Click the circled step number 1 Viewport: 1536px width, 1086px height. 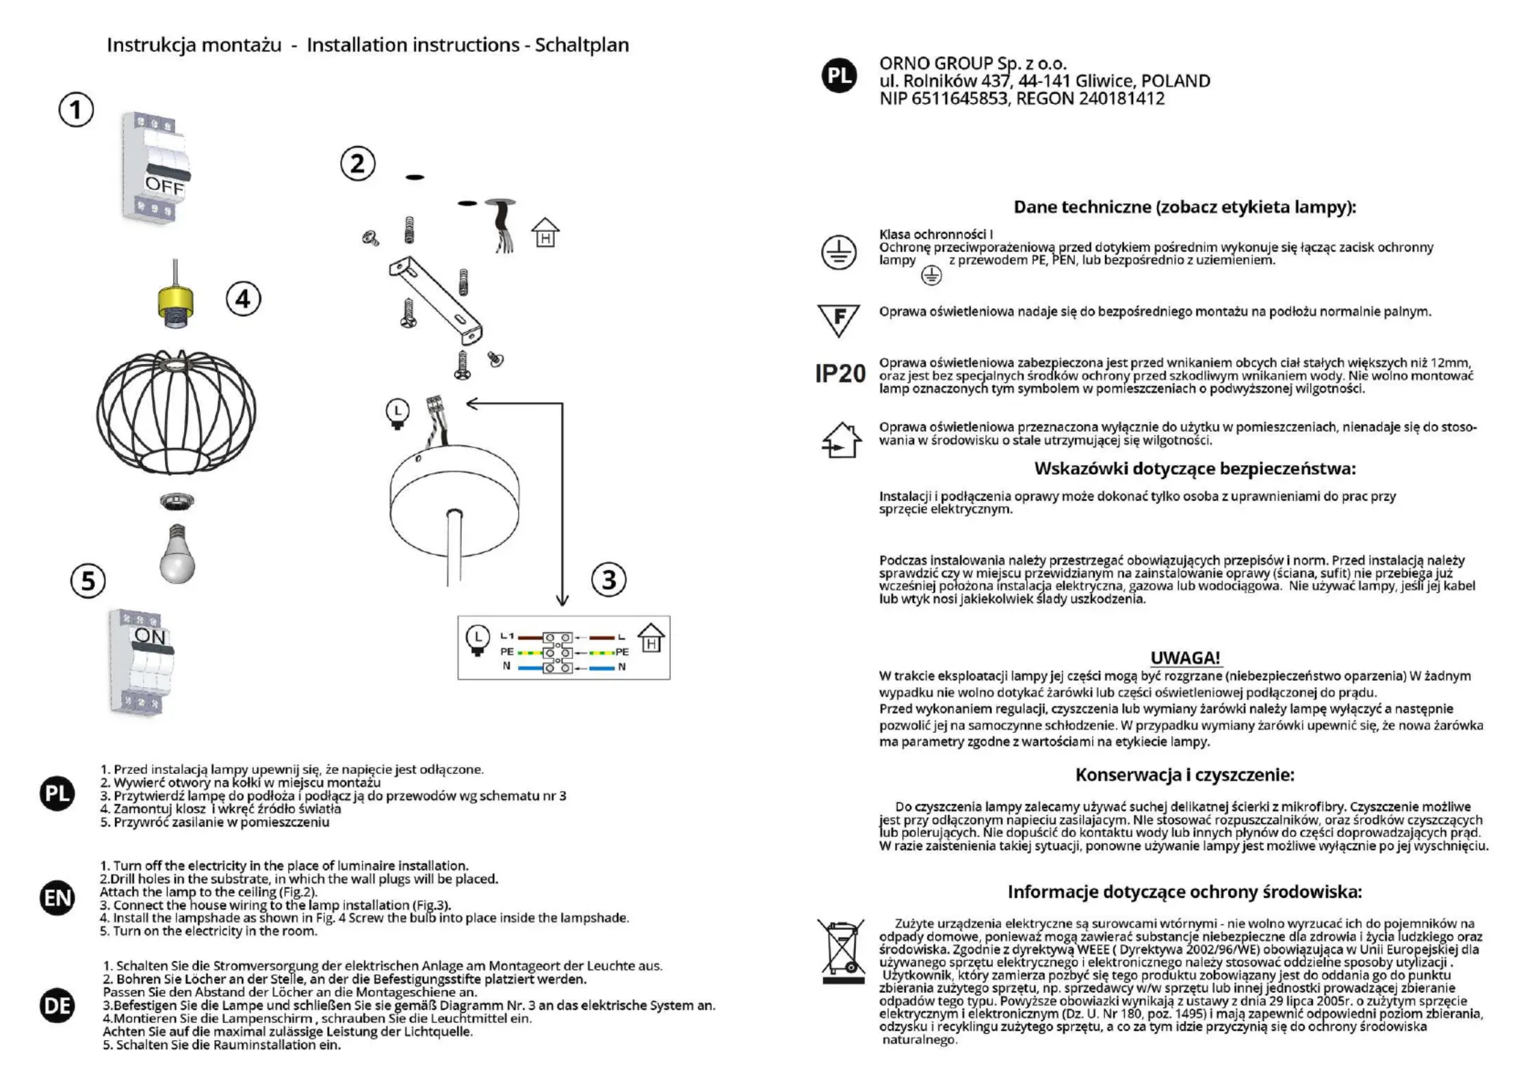point(76,110)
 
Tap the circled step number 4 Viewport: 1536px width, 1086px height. point(243,299)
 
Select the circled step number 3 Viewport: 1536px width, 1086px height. point(608,580)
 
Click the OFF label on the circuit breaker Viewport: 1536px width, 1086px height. point(165,185)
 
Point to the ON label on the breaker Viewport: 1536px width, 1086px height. point(150,636)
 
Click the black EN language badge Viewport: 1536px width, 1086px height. point(57,897)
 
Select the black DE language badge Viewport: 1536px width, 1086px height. point(57,1005)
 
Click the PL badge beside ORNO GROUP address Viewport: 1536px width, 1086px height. point(839,75)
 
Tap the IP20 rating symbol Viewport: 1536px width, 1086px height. point(840,374)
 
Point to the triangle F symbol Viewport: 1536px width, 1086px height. point(838,319)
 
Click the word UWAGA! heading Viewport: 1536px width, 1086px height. point(1185,658)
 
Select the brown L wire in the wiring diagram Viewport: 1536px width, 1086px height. point(530,638)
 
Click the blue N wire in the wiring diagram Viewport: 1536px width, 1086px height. point(530,667)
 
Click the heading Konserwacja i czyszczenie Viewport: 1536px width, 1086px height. point(1184,775)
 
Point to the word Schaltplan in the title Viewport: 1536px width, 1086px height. point(582,45)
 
